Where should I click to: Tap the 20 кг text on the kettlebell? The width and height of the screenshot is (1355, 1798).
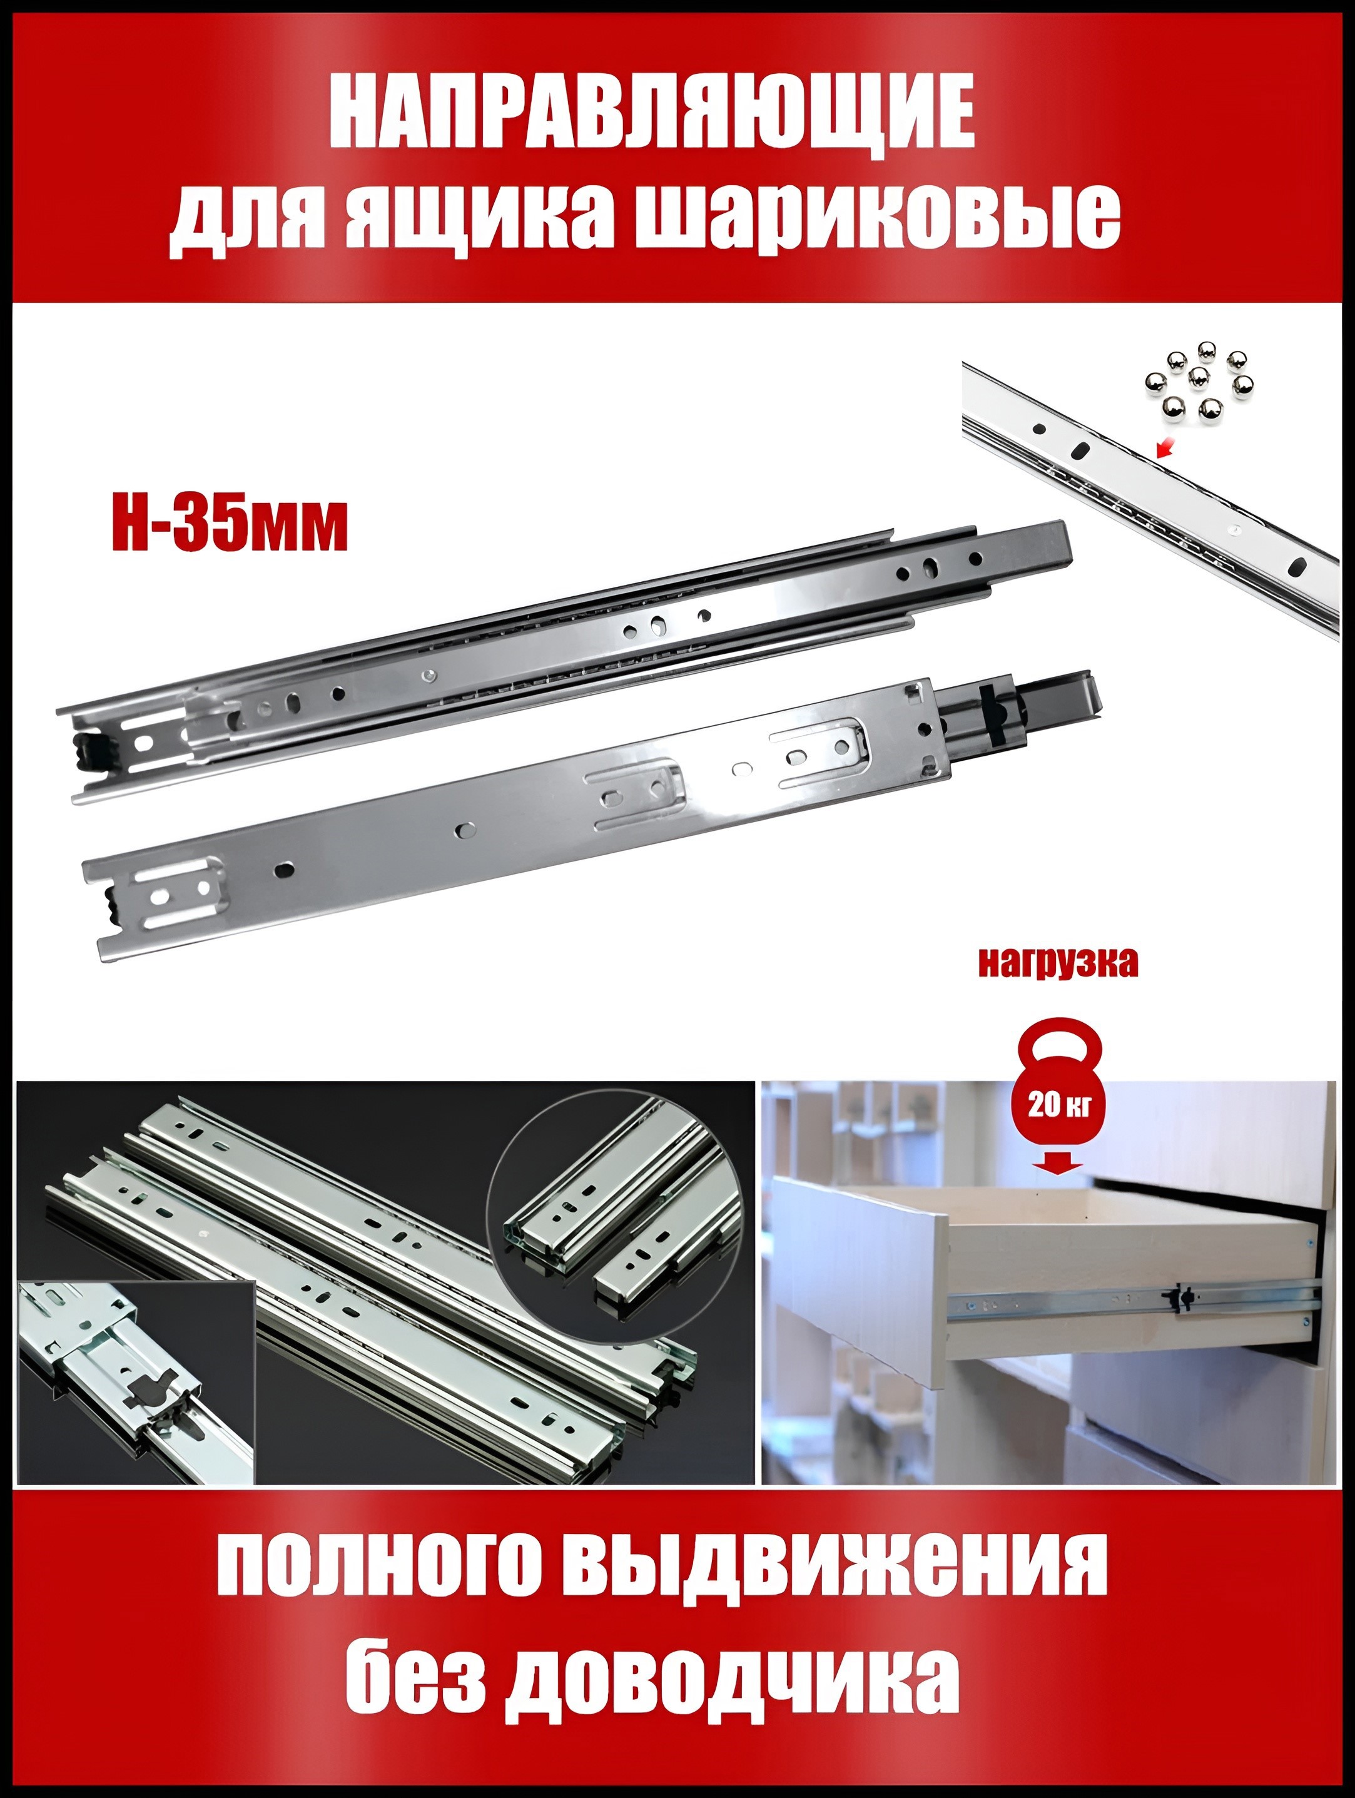(1055, 1106)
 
